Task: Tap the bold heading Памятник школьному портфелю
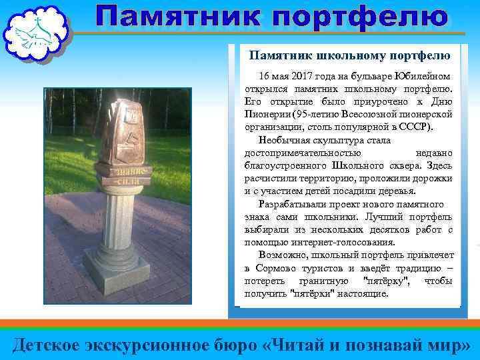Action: click(349, 55)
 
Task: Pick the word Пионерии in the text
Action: click(265, 115)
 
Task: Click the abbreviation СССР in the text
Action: click(417, 127)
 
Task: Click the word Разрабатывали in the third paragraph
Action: click(290, 203)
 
